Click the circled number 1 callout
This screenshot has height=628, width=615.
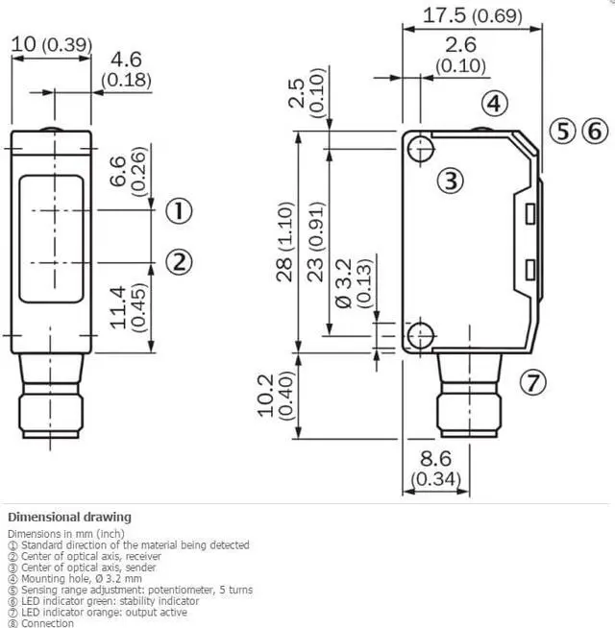pos(179,209)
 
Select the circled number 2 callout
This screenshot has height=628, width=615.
pos(179,260)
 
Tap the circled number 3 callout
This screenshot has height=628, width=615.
pos(453,180)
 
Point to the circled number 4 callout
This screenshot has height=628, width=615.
pos(491,104)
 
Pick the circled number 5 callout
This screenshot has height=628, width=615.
pos(563,131)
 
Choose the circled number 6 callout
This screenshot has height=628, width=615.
pos(595,131)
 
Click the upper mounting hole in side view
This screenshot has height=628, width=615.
pos(419,149)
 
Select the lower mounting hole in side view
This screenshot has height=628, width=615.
pos(419,335)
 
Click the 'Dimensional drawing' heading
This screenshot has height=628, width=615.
pos(69,517)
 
